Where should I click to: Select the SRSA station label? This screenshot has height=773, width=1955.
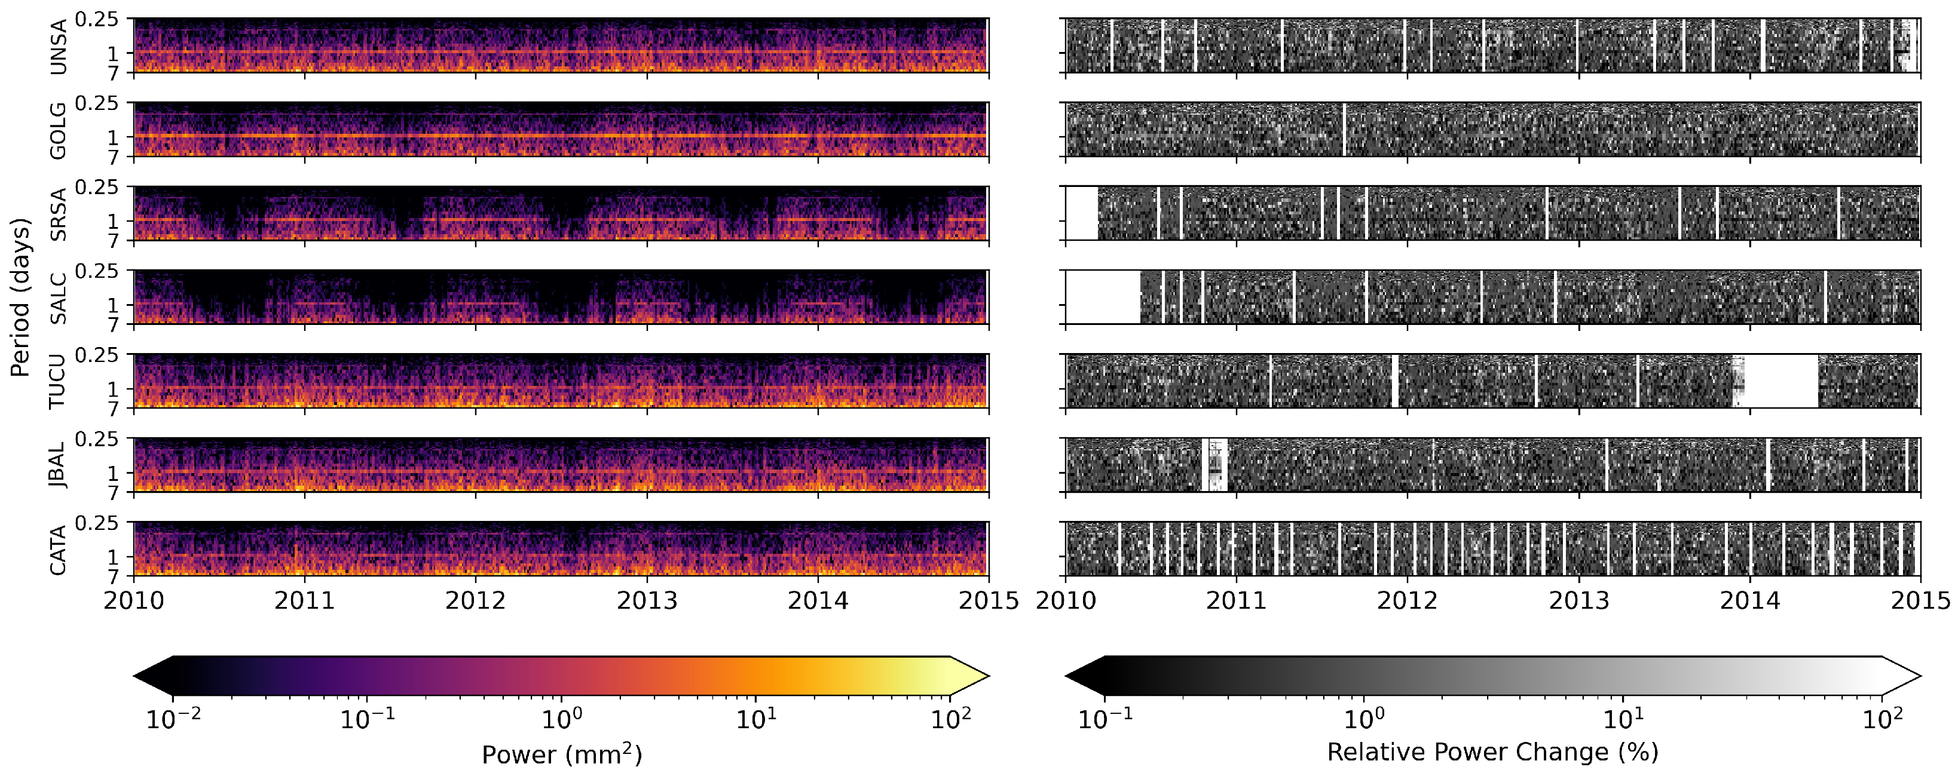pyautogui.click(x=58, y=214)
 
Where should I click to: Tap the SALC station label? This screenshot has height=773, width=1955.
pyautogui.click(x=58, y=299)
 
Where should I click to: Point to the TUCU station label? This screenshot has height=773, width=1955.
pyautogui.click(x=58, y=382)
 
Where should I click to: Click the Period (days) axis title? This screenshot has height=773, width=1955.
pyautogui.click(x=20, y=297)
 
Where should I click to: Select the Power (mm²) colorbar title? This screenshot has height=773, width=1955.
pyautogui.click(x=562, y=754)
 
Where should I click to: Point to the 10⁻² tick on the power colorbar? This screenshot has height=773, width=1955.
pyautogui.click(x=174, y=719)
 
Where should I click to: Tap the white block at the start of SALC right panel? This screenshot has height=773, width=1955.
pyautogui.click(x=1103, y=297)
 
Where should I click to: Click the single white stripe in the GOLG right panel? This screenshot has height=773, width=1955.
pyautogui.click(x=1344, y=130)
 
